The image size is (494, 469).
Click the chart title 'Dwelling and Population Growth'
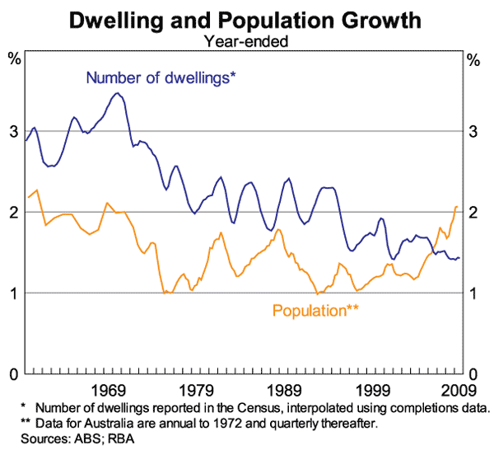coord(246,19)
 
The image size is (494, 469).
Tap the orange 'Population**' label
coord(315,312)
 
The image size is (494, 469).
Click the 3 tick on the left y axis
coord(13,131)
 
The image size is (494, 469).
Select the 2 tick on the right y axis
coord(473,212)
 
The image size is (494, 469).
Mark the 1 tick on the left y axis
coord(13,293)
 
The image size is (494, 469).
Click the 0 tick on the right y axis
coord(473,373)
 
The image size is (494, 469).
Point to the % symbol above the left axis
coord(14,59)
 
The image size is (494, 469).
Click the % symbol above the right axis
coord(473,59)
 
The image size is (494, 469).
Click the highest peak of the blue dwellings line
coord(117,93)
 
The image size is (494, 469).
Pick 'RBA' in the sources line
coord(119,439)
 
